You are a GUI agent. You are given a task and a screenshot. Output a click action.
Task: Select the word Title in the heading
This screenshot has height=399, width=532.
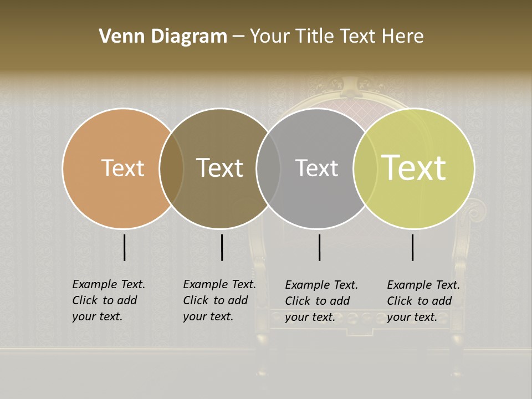tap(315, 37)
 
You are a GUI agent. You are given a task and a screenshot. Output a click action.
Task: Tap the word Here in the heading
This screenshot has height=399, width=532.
tap(403, 37)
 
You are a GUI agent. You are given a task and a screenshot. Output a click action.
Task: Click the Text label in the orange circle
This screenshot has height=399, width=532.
tap(122, 168)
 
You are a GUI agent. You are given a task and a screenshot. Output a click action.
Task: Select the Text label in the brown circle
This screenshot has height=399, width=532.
tap(220, 168)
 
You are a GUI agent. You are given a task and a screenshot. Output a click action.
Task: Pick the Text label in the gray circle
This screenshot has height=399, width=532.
tap(316, 168)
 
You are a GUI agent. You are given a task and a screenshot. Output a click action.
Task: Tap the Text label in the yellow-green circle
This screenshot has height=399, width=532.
tap(414, 168)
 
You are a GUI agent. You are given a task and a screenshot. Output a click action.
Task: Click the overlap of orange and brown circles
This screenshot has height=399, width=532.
tap(171, 168)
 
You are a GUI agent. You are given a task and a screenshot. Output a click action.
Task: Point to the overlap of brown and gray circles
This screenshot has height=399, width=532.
tap(268, 168)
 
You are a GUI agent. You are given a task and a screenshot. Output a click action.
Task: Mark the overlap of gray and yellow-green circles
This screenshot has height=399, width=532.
tap(364, 168)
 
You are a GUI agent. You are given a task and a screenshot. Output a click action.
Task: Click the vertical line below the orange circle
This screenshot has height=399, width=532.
tap(124, 247)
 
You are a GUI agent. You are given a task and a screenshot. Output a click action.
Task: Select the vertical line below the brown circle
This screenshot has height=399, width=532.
tap(222, 247)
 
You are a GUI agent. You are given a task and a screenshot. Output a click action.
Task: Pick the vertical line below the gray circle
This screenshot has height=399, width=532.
tap(319, 247)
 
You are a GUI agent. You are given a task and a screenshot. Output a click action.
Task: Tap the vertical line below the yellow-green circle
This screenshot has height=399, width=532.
tap(413, 247)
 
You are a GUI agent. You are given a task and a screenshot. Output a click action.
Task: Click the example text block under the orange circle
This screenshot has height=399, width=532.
tap(109, 300)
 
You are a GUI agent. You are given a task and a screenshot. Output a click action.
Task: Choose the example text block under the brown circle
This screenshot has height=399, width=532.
tap(219, 300)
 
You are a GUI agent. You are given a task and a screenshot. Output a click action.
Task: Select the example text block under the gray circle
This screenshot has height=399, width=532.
tap(321, 301)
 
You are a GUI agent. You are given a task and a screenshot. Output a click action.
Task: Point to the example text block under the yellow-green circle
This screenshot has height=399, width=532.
tap(423, 301)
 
